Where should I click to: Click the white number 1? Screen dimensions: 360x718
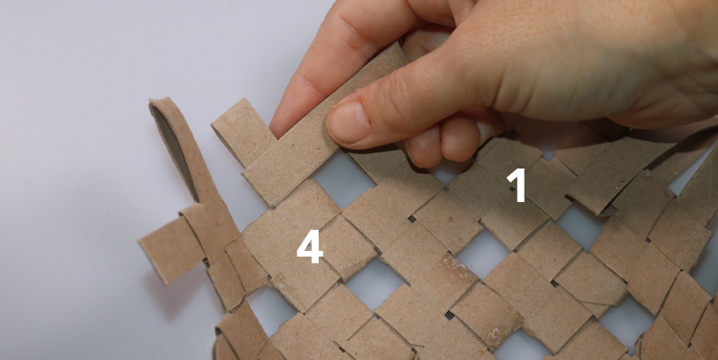[x=517, y=185]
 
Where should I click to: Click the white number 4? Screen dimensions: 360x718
[x=309, y=247]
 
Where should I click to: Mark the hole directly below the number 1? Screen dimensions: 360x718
[x=484, y=252]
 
